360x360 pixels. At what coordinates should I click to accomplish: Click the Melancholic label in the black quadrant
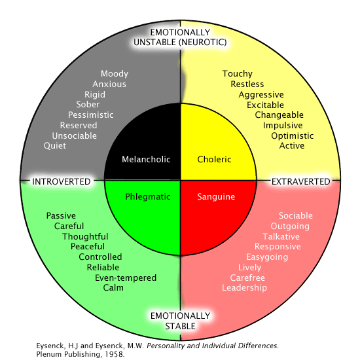click(x=142, y=160)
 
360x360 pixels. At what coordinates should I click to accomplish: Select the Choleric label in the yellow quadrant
click(x=215, y=160)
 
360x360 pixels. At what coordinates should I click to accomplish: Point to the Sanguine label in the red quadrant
click(x=216, y=196)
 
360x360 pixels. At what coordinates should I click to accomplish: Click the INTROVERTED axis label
click(x=62, y=181)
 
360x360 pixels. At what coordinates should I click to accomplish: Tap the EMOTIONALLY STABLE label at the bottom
click(x=180, y=321)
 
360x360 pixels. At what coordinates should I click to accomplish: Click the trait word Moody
click(x=115, y=74)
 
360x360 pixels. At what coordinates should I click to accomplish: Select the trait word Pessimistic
click(x=91, y=115)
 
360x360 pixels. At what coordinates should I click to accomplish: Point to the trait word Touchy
click(x=237, y=74)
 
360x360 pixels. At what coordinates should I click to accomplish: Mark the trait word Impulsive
click(x=283, y=126)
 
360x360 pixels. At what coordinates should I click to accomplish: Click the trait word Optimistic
click(x=293, y=136)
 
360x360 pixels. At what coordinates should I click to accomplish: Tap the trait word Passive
click(x=61, y=216)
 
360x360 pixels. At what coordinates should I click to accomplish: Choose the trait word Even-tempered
click(x=126, y=278)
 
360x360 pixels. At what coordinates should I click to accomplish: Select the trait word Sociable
click(x=296, y=216)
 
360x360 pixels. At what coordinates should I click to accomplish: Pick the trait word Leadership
click(x=244, y=288)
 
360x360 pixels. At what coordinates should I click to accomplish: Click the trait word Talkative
click(x=281, y=236)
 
